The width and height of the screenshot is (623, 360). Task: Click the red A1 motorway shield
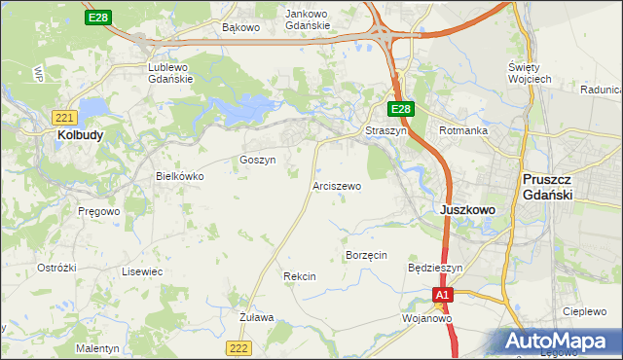(443, 294)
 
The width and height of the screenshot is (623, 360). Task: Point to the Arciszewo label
(338, 185)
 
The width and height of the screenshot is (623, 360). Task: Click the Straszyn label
(385, 129)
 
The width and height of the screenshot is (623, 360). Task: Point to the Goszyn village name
(258, 159)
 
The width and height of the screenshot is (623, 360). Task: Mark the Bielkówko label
(180, 176)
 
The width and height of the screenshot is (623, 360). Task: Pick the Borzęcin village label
(367, 255)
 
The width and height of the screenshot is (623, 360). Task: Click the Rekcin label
(300, 276)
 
